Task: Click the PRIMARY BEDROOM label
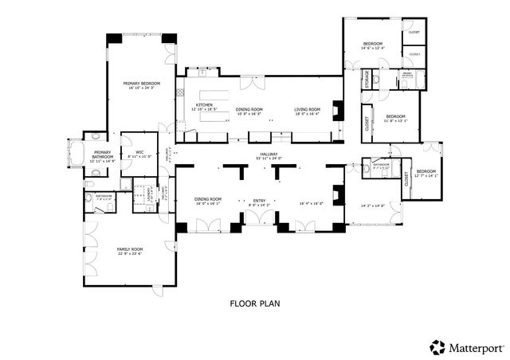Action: [x=141, y=84]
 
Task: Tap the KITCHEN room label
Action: [x=205, y=105]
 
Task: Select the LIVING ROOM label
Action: [x=307, y=109]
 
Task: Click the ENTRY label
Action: [x=259, y=200]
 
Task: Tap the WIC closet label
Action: [x=139, y=151]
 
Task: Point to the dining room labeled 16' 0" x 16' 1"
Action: [x=209, y=199]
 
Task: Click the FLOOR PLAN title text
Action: [x=255, y=303]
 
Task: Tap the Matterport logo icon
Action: [x=437, y=346]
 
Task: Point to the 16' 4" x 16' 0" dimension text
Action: [x=312, y=204]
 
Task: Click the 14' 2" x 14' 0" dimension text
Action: [x=371, y=205]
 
